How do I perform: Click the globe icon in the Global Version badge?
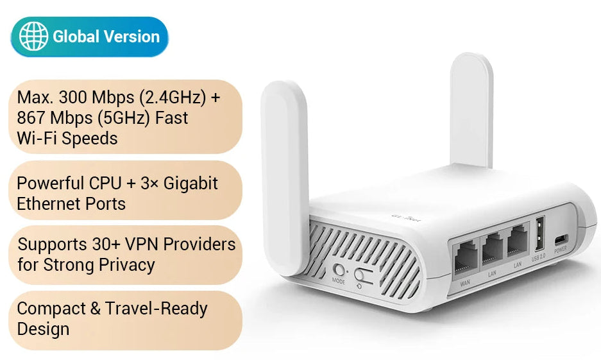tap(33, 37)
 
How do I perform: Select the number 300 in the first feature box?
tap(76, 98)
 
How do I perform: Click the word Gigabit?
tap(191, 183)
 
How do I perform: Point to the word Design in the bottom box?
tap(43, 329)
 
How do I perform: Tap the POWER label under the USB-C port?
tap(561, 251)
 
